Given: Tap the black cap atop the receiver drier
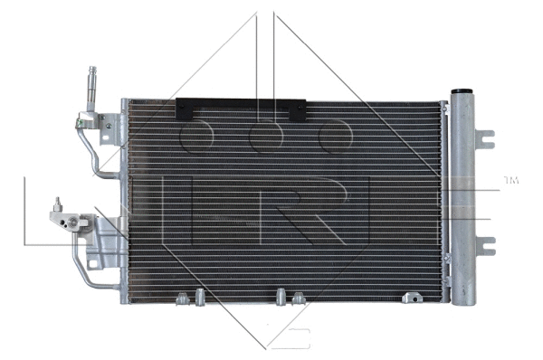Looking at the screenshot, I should [x=462, y=92].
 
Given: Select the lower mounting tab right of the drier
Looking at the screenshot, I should [x=486, y=244].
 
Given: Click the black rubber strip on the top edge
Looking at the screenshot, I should [x=242, y=110].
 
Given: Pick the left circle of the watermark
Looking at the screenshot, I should [x=196, y=137].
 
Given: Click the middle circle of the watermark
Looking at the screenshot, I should [x=265, y=137].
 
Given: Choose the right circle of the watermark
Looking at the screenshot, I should [x=334, y=137].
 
